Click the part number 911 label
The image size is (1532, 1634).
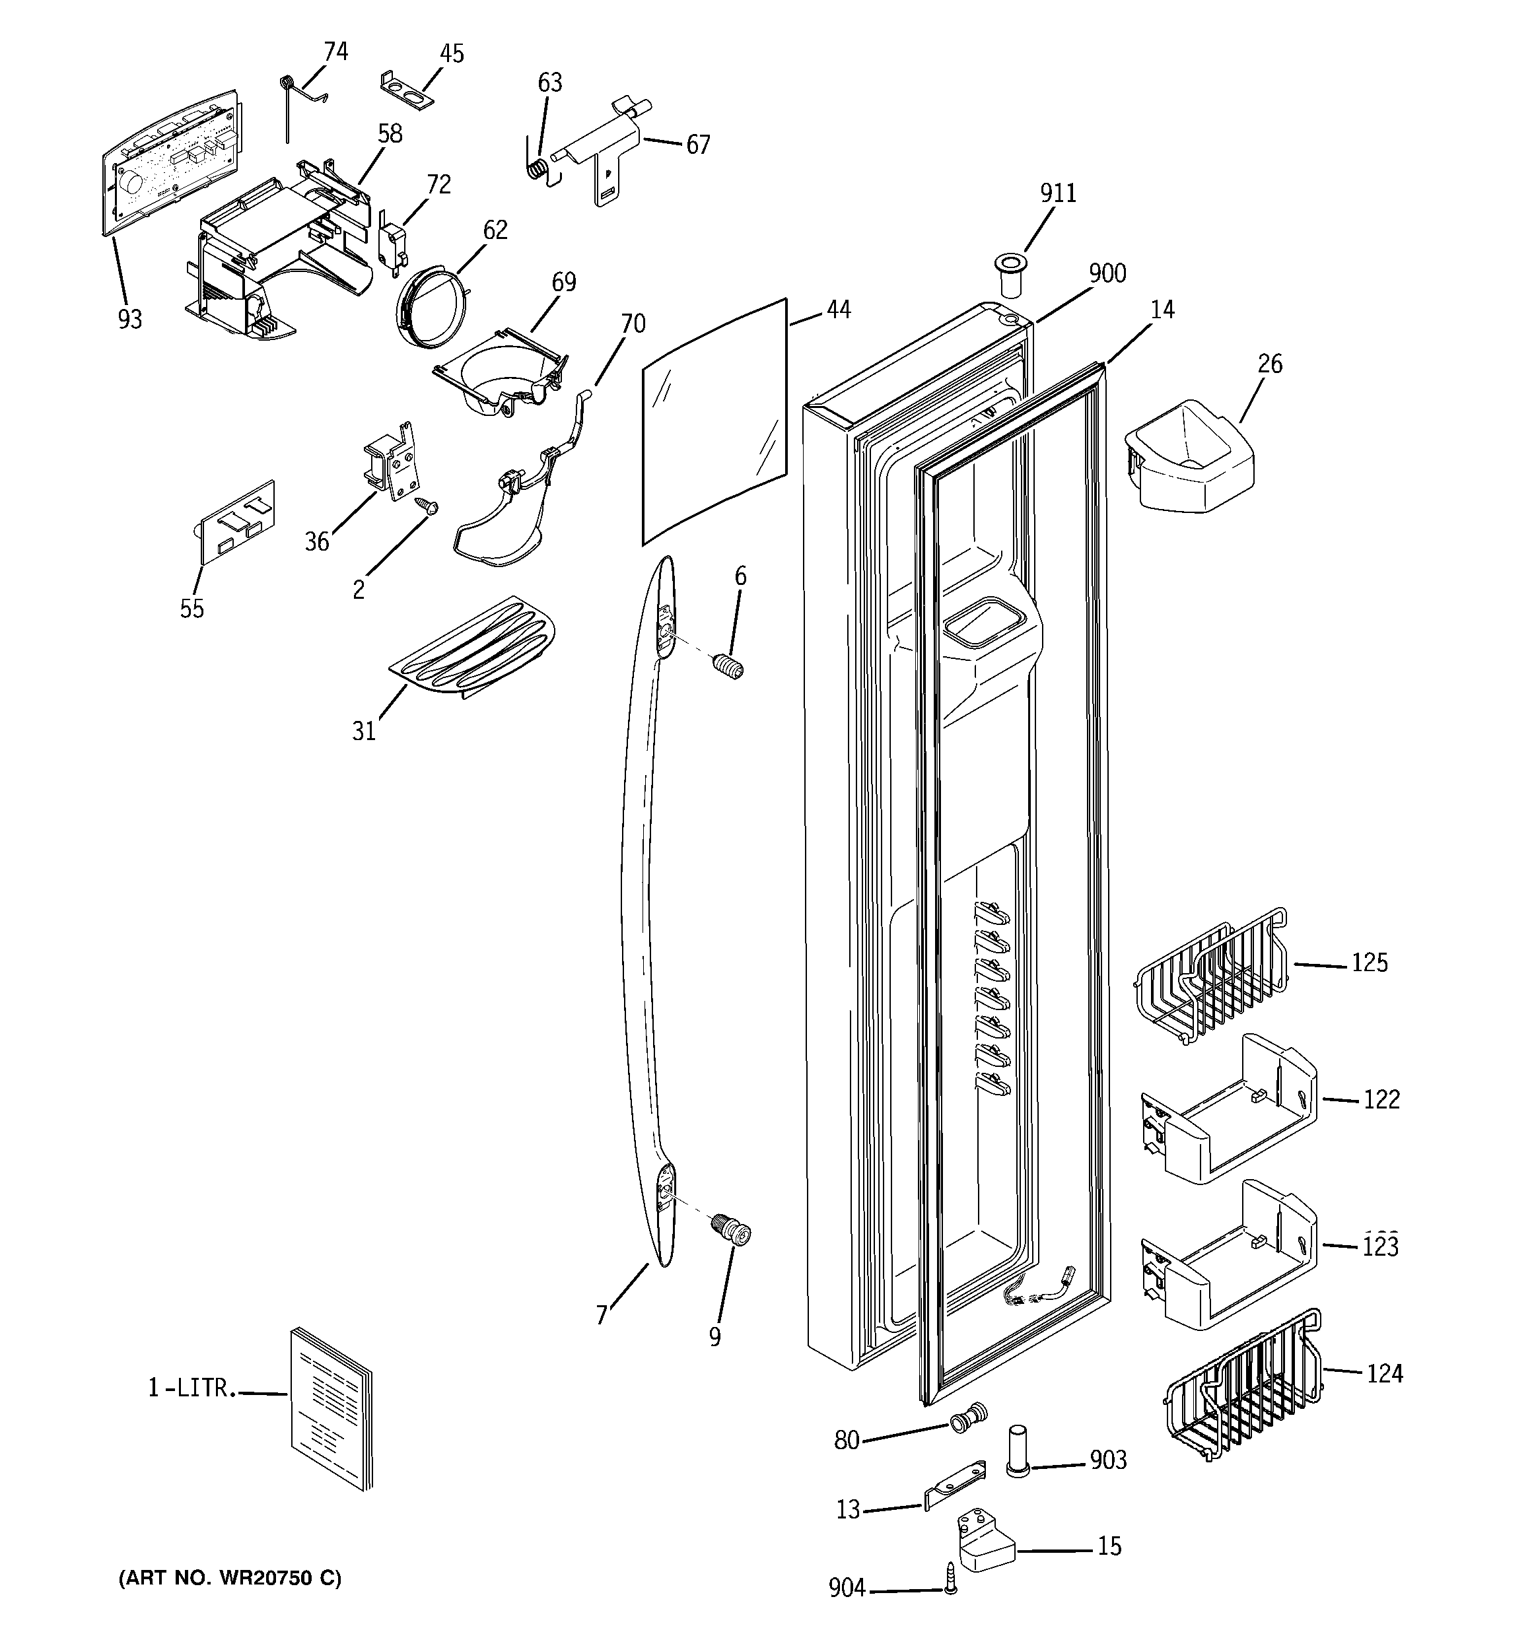[x=1057, y=193]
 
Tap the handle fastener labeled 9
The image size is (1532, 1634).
[x=732, y=1231]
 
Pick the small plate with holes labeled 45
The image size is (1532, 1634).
[x=407, y=92]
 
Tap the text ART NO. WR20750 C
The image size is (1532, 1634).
[x=230, y=1578]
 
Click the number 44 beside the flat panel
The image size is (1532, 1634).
[x=838, y=310]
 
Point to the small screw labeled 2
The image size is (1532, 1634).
[x=428, y=508]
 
